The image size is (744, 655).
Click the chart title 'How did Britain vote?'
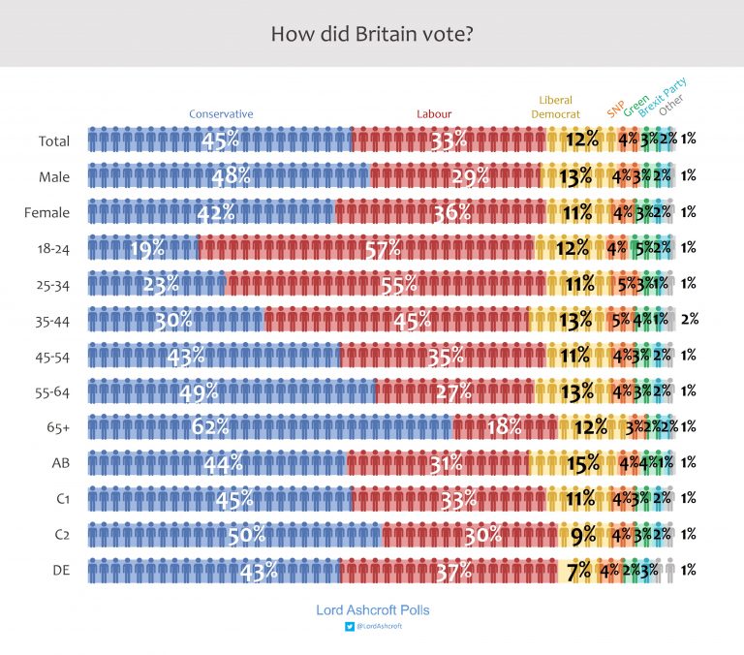point(372,35)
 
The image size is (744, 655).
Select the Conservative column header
point(221,114)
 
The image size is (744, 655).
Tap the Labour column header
point(434,114)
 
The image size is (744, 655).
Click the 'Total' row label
point(54,141)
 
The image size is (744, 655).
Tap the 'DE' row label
point(59,570)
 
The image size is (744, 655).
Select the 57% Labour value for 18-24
point(383,249)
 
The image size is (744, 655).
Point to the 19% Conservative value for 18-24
point(147,249)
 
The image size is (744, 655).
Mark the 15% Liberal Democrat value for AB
point(583,463)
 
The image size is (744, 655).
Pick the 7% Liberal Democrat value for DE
point(579,571)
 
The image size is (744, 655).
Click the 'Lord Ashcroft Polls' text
point(372,610)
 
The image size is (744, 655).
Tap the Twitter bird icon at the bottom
point(350,627)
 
